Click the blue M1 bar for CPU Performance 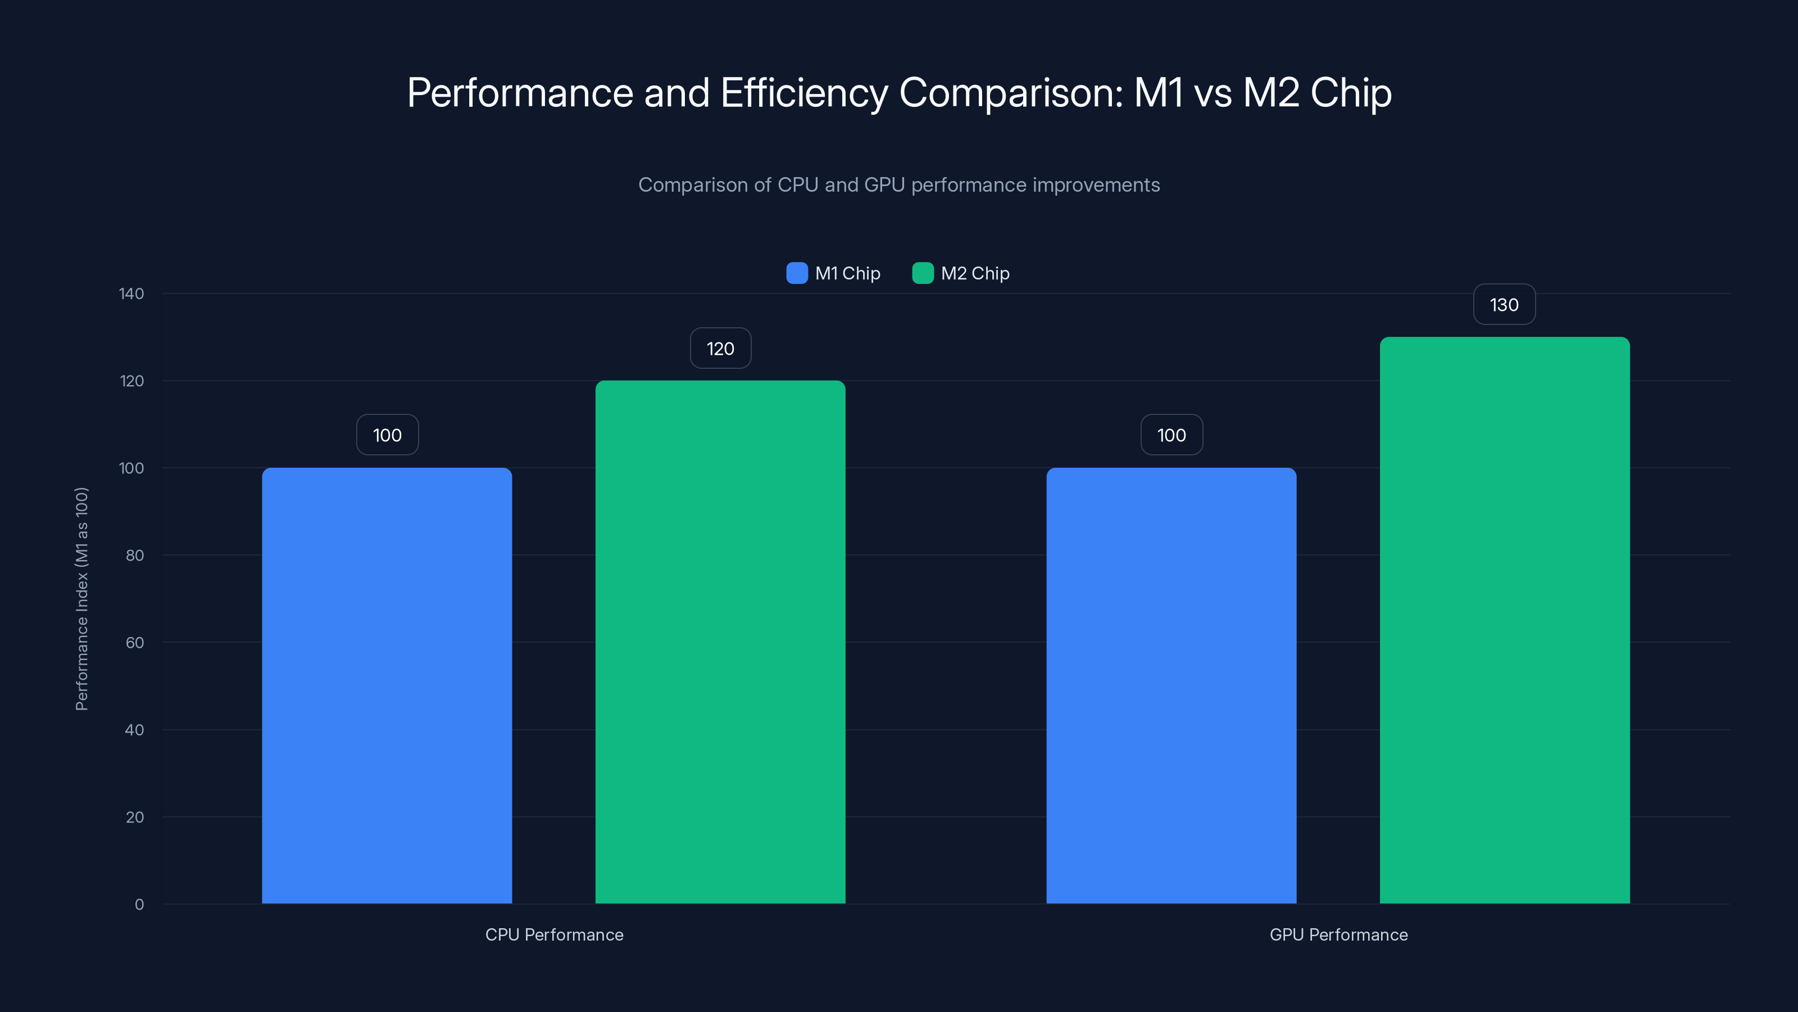click(387, 684)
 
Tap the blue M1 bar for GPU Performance click(1170, 684)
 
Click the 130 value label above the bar click(1504, 305)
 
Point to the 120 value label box click(720, 349)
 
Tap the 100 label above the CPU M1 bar click(387, 435)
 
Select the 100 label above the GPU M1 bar click(1170, 435)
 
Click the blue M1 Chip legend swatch click(796, 273)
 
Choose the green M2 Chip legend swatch click(922, 273)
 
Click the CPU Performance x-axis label click(553, 934)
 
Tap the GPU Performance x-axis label click(1338, 934)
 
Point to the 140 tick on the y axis click(131, 293)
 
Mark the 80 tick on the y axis click(134, 555)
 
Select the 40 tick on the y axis click(134, 730)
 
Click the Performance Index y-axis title click(81, 599)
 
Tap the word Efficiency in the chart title click(803, 93)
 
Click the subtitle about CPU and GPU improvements click(898, 185)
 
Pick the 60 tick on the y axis click(134, 643)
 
